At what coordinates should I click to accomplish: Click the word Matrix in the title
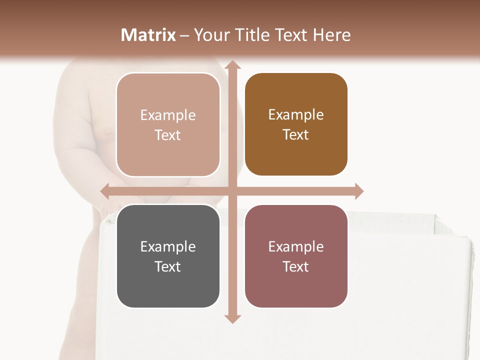tap(148, 35)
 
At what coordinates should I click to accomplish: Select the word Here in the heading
tap(331, 35)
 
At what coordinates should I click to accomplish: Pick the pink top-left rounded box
tap(168, 124)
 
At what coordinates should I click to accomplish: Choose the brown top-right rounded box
tap(296, 124)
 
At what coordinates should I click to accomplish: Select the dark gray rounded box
tap(168, 256)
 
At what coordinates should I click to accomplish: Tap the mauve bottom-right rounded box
tap(296, 256)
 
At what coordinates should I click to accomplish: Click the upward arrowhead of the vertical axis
tap(231, 65)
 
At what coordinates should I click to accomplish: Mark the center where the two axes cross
tap(231, 191)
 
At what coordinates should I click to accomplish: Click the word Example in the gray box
tap(168, 246)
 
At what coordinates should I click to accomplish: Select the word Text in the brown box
tap(296, 135)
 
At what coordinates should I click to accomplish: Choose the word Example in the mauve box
tap(296, 246)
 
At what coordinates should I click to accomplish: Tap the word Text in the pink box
tap(168, 135)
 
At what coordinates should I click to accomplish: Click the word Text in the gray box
tap(168, 266)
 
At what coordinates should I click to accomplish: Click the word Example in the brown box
tap(296, 114)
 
